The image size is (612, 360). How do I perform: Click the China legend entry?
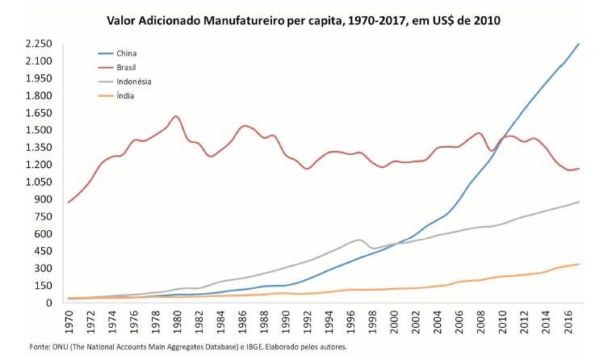(x=126, y=52)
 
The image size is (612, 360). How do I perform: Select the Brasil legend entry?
(x=127, y=67)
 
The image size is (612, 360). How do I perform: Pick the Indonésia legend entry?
(x=133, y=82)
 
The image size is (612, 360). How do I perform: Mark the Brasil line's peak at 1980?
(x=176, y=116)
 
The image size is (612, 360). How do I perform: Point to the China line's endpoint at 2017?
(x=579, y=44)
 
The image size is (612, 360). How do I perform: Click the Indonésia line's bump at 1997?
(x=360, y=240)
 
